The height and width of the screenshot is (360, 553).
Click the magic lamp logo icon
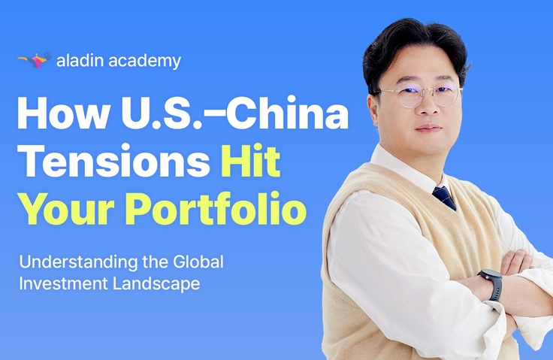35,60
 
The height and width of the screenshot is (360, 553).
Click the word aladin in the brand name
80,60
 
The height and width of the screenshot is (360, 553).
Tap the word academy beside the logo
145,61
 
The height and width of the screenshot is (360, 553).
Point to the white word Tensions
113,161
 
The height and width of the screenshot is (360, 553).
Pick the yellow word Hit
251,160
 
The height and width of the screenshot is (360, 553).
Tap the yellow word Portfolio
216,208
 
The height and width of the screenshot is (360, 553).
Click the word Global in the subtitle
198,262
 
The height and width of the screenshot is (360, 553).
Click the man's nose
428,107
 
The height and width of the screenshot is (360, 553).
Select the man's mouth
429,128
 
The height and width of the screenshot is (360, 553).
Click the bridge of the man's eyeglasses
428,90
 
